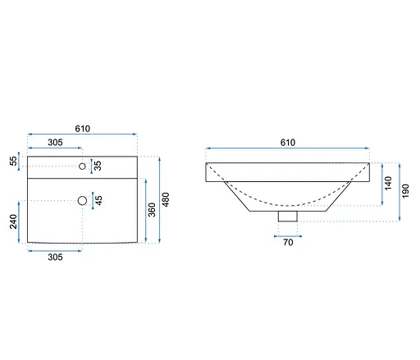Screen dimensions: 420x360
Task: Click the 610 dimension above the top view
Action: coord(83,129)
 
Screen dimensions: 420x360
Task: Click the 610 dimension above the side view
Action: coord(288,143)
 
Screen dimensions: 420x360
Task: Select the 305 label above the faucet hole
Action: coord(55,143)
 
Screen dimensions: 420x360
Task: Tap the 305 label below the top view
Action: coord(55,257)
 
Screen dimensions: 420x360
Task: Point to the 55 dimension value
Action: coord(13,161)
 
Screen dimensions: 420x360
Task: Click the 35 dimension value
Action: coord(98,166)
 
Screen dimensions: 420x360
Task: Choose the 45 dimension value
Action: coord(98,200)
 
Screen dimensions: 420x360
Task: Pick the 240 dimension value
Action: coord(13,221)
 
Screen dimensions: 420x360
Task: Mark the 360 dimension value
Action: coord(152,210)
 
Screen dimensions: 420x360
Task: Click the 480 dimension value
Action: coord(166,199)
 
